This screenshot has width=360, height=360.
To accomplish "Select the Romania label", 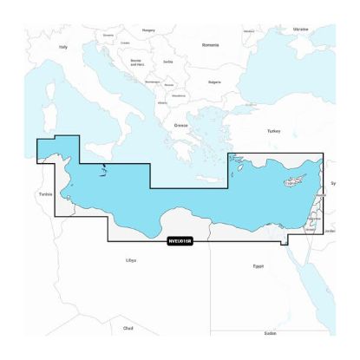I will pos(209,44).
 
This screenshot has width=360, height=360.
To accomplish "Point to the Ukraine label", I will pos(301,29).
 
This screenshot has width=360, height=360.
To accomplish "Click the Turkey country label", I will pos(274,130).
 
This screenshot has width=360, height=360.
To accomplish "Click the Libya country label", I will pos(131,259).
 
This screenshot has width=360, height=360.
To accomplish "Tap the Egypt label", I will pos(257,265).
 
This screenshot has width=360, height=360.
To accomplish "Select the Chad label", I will pos(128,328).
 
